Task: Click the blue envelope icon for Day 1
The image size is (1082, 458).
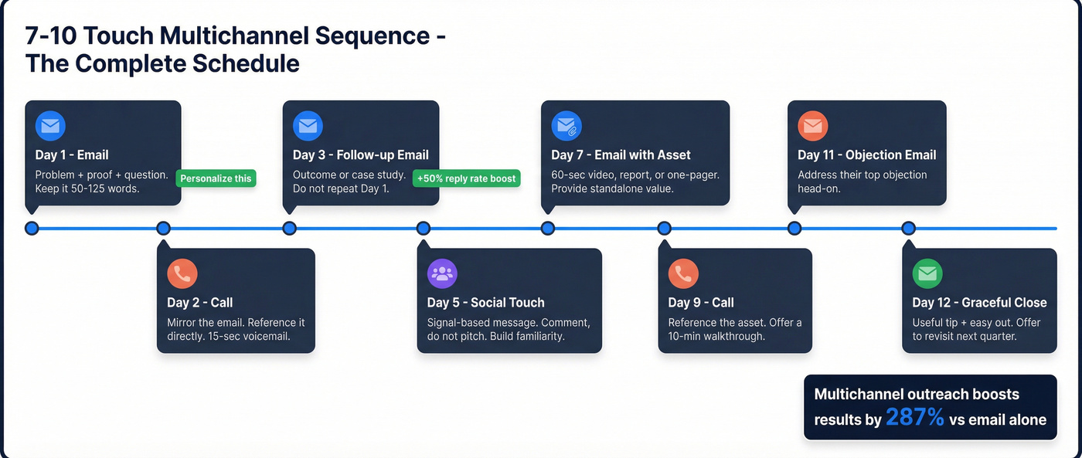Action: click(50, 126)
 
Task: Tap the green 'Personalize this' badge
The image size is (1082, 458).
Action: click(216, 178)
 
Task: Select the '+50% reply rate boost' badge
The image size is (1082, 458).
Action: click(466, 178)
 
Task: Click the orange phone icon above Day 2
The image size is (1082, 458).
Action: click(182, 273)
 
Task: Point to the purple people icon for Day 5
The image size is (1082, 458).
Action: click(442, 273)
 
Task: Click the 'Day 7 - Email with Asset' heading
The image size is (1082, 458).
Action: click(621, 155)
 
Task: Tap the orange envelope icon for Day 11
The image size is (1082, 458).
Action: click(812, 126)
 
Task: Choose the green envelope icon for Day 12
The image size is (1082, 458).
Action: click(927, 273)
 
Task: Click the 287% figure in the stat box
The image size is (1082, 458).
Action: click(915, 418)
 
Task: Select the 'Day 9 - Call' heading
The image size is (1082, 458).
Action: click(701, 303)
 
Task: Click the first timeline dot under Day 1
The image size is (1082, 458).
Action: click(32, 229)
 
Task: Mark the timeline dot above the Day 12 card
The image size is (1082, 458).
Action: click(909, 229)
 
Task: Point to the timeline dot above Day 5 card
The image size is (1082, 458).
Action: click(424, 229)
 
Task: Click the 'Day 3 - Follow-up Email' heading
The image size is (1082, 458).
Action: click(360, 155)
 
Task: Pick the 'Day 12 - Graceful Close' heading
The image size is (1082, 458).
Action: click(979, 303)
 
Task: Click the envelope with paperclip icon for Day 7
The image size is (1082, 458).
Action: click(567, 126)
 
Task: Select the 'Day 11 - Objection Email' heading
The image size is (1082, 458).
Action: click(866, 155)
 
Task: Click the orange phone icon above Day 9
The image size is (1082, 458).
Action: click(683, 273)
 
